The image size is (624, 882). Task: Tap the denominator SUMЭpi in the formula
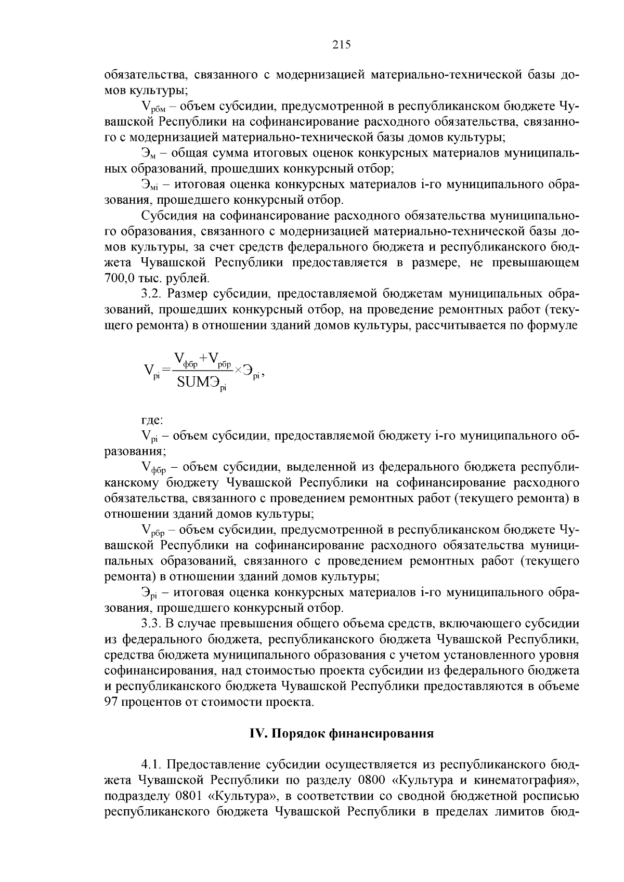pyautogui.click(x=202, y=384)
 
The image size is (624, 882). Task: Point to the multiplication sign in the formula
pyautogui.click(x=238, y=370)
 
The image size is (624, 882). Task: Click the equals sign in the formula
pyautogui.click(x=166, y=370)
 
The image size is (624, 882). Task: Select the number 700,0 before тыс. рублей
pyautogui.click(x=120, y=278)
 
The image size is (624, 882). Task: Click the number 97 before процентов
pyautogui.click(x=112, y=703)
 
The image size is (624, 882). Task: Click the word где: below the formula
pyautogui.click(x=152, y=419)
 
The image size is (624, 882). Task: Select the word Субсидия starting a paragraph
pyautogui.click(x=169, y=216)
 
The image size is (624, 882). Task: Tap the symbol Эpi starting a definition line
pyautogui.click(x=150, y=593)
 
